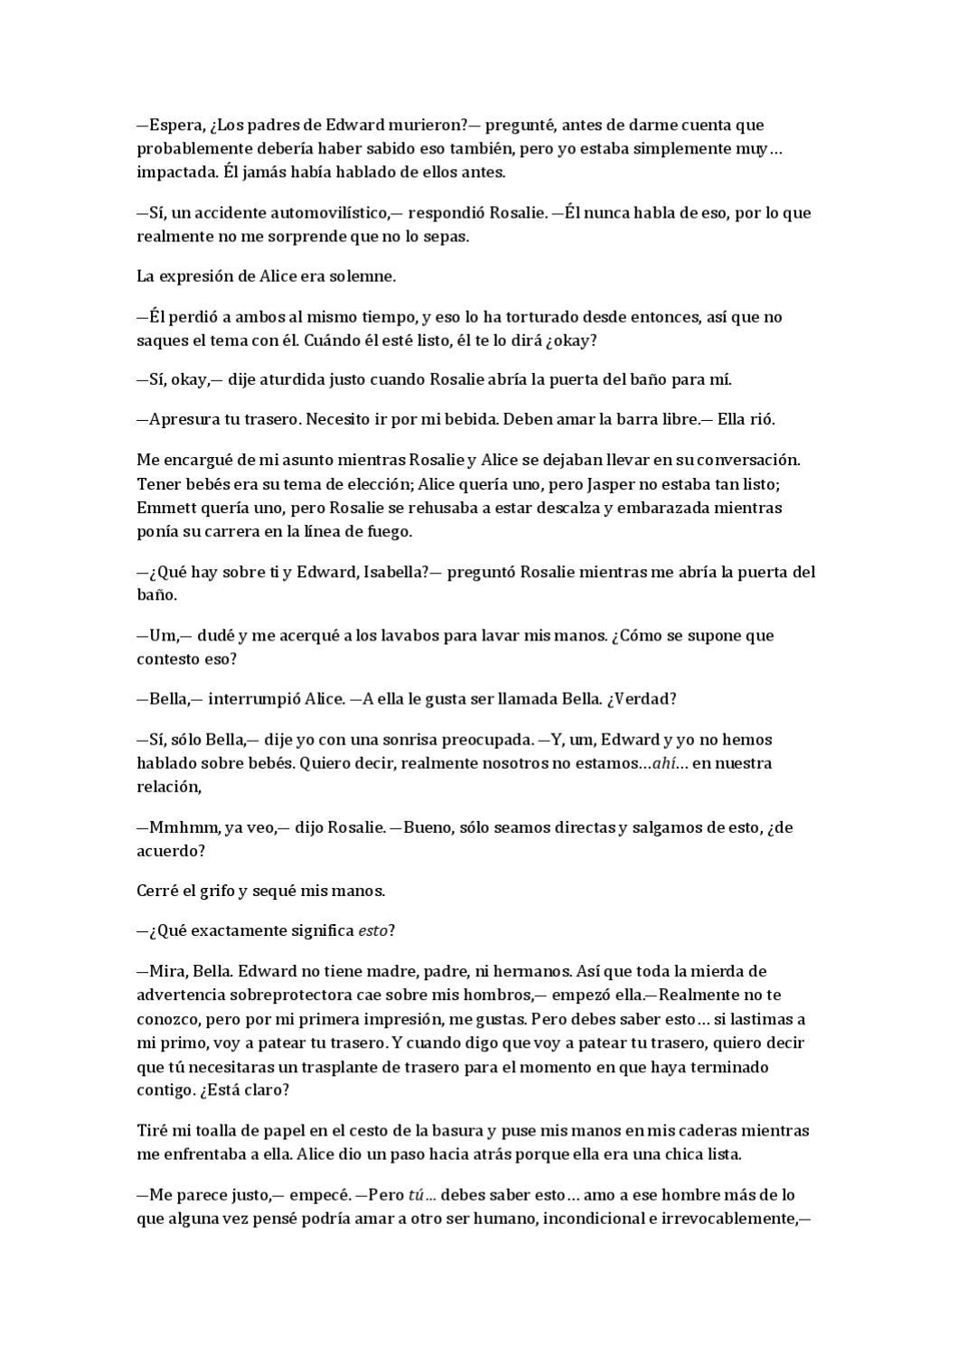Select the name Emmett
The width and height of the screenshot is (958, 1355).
pos(164,508)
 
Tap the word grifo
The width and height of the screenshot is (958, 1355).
pos(217,892)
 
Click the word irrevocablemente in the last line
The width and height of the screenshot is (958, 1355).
pos(718,1219)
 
